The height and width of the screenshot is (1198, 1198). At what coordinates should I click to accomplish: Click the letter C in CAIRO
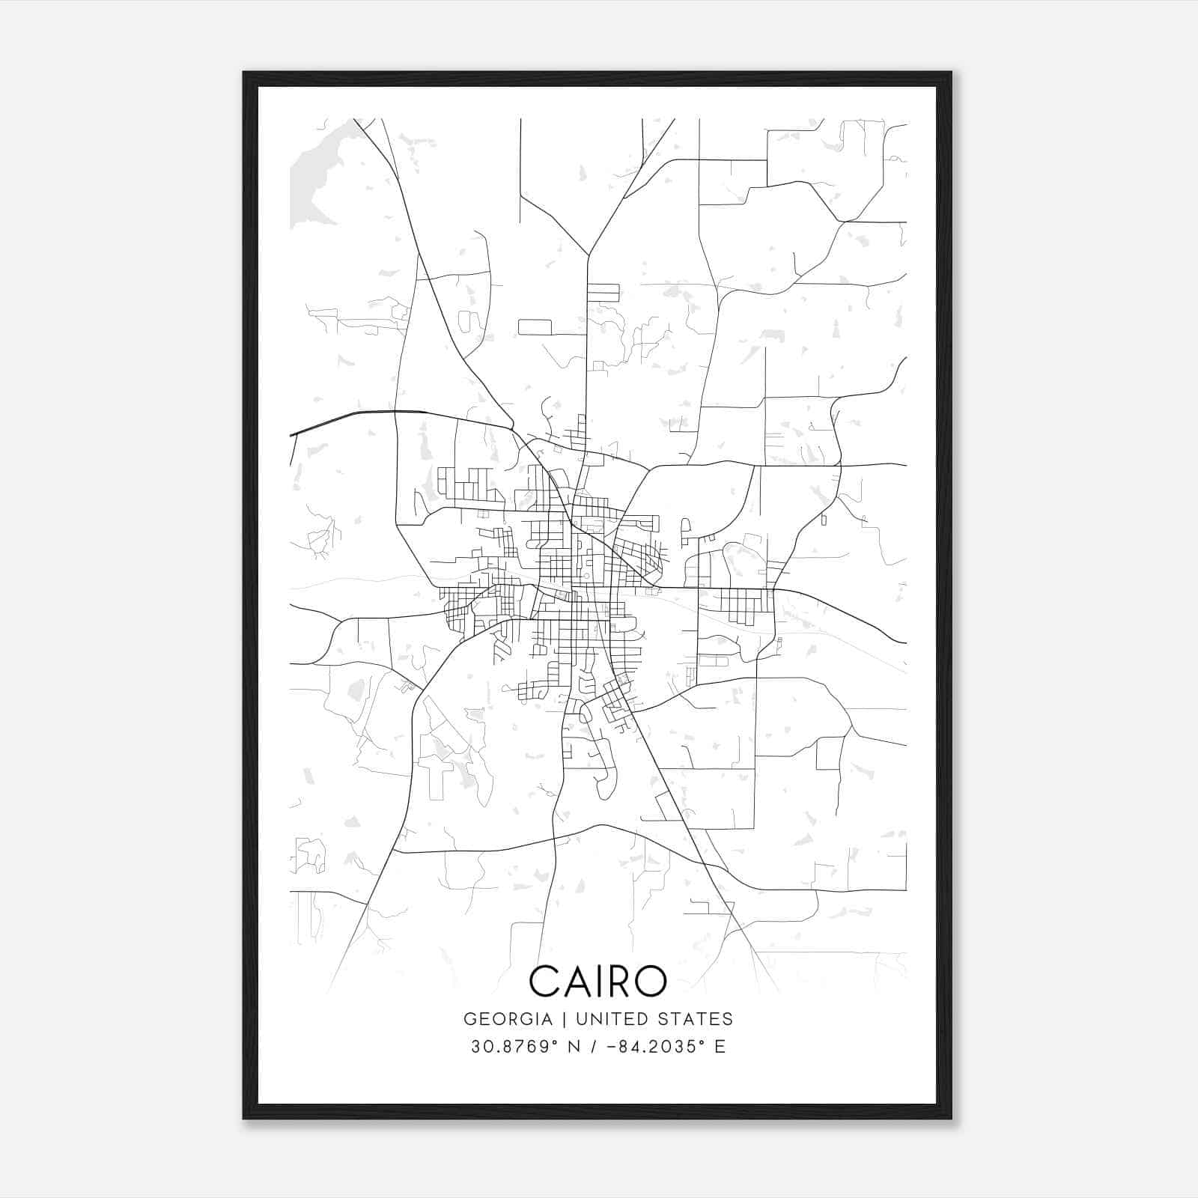point(545,981)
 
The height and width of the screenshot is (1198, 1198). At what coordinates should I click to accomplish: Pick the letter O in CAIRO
point(652,981)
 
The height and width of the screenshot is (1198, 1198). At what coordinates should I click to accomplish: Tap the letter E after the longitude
point(720,1047)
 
